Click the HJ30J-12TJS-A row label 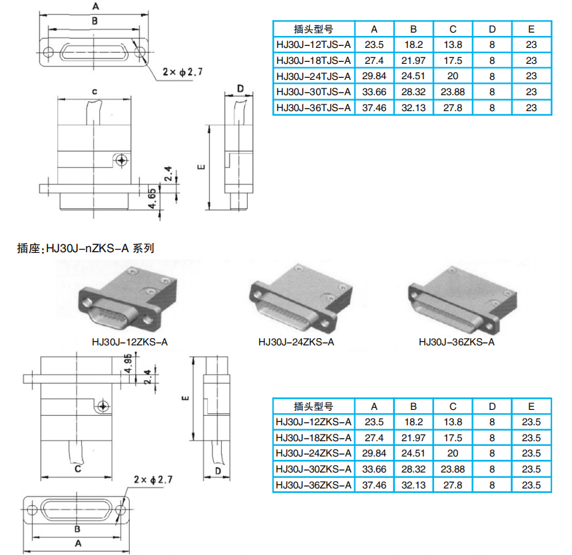point(314,45)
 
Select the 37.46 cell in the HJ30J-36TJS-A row point(374,108)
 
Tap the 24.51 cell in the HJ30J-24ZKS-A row point(414,453)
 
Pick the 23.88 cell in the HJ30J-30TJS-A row point(453,92)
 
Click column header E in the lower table point(531,406)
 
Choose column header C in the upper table point(453,29)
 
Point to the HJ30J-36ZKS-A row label point(314,485)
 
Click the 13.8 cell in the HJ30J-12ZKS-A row point(453,422)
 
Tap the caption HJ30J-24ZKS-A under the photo point(296,342)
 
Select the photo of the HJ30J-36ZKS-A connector point(462,299)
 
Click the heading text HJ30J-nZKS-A point(87,248)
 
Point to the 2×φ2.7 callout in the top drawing point(182,72)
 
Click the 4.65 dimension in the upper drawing point(152,198)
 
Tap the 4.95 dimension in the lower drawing point(128,363)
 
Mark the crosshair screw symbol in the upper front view point(121,160)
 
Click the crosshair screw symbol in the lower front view point(103,406)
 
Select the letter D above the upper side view point(240,89)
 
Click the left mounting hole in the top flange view point(49,52)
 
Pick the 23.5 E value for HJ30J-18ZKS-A point(531,438)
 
